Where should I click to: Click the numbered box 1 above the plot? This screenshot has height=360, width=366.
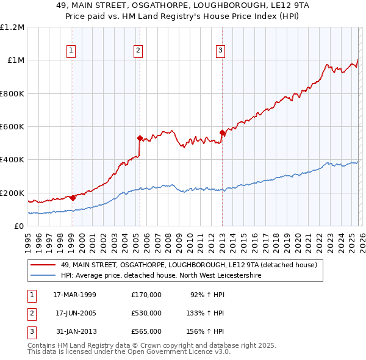pos(72,51)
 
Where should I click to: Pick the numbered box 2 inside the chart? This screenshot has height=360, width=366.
pos(139,51)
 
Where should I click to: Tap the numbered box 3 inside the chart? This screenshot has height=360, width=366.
pos(221,51)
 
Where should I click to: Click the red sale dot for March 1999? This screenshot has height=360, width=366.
pos(73,198)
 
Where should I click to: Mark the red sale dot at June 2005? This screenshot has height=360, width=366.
pos(140,138)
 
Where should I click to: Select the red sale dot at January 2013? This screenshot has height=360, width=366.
pos(222,132)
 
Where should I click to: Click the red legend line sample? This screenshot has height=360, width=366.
pos(43,265)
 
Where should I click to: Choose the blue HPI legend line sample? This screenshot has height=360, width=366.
pos(43,276)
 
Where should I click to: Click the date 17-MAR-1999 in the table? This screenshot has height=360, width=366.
pos(74,295)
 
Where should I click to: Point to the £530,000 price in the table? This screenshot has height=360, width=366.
pos(146,313)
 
